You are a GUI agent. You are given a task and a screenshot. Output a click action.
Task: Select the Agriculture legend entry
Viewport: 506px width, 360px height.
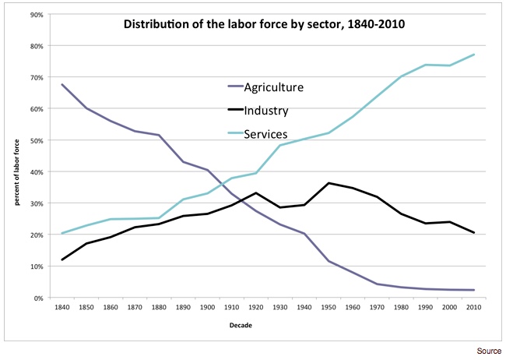pos(273,86)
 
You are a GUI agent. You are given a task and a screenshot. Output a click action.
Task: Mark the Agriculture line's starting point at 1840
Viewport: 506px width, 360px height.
pos(61,84)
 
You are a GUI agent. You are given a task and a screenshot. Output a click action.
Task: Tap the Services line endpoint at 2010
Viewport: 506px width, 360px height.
pos(475,55)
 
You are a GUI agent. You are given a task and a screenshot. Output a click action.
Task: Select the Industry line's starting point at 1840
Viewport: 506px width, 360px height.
pos(61,259)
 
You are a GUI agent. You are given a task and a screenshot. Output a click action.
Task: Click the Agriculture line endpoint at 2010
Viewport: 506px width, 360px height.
pos(475,290)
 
